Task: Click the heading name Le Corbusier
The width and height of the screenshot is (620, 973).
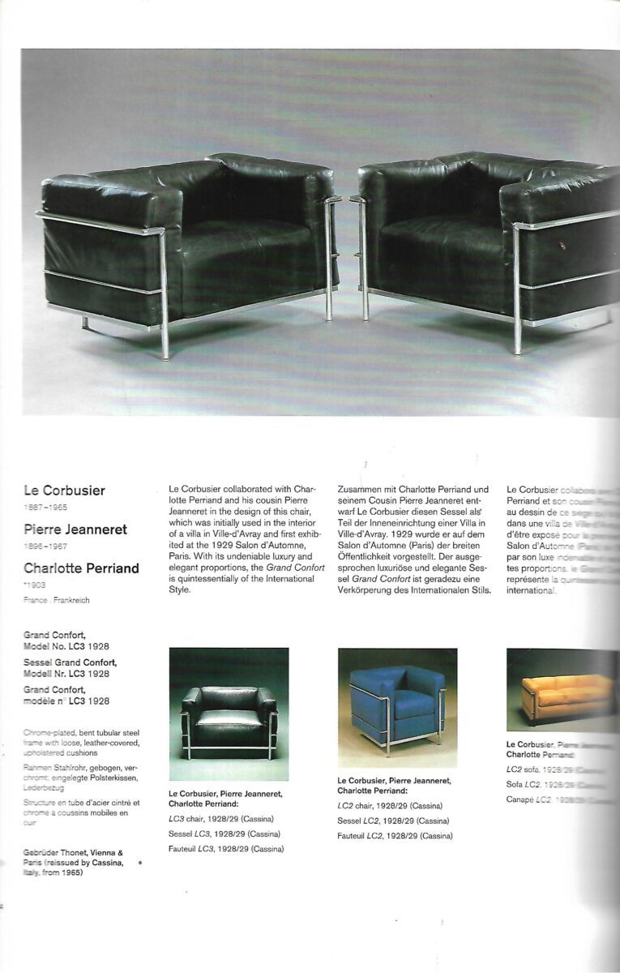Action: coord(65,491)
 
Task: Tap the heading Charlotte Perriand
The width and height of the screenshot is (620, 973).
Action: coord(82,568)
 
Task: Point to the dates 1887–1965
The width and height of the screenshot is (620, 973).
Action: coord(45,508)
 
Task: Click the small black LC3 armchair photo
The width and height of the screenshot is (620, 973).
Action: coord(229,714)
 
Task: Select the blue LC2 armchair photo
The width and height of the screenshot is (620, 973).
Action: coord(397,707)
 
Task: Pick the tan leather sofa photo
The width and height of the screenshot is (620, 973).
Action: coord(563,689)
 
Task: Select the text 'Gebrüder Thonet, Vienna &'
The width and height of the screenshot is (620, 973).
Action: coord(74,853)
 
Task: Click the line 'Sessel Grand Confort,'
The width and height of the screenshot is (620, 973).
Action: coord(70,662)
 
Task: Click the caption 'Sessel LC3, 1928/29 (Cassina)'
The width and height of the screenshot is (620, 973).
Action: coord(224,834)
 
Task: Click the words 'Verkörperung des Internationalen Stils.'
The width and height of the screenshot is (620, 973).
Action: coord(413,589)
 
